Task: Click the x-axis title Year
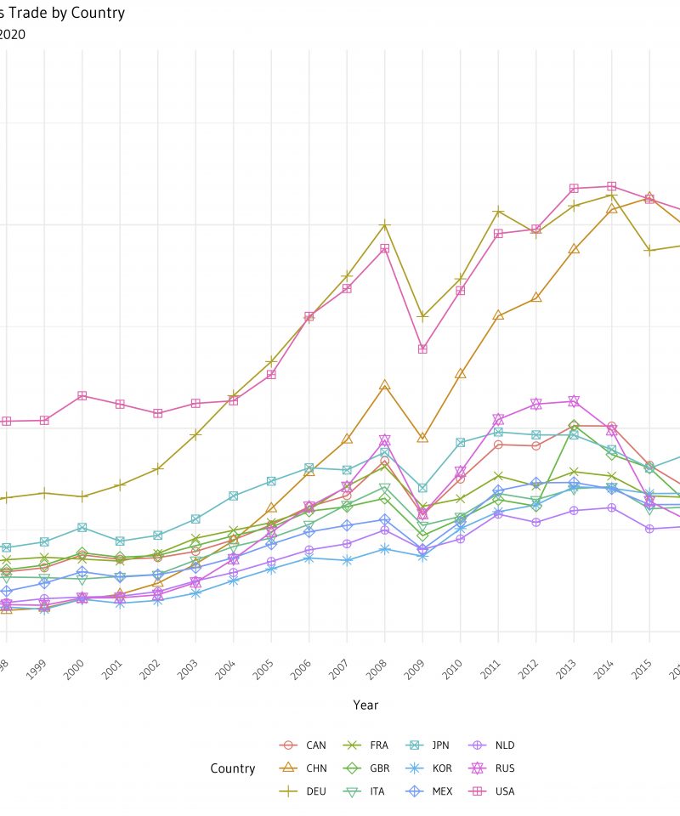[x=365, y=705]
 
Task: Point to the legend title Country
[x=233, y=768]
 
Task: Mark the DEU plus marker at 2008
[x=385, y=224]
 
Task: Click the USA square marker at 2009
[x=422, y=349]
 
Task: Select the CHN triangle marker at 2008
[x=385, y=385]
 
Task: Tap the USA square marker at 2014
[x=611, y=186]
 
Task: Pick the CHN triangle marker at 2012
[x=536, y=297]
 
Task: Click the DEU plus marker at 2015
[x=649, y=251]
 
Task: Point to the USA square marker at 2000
[x=82, y=395]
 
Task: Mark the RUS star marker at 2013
[x=574, y=400]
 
